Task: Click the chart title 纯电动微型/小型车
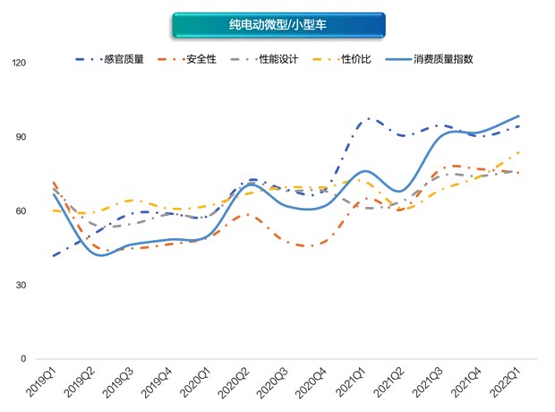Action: pyautogui.click(x=277, y=25)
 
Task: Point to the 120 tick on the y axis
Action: pyautogui.click(x=18, y=64)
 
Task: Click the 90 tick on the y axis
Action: pyautogui.click(x=21, y=137)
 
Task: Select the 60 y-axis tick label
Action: pyautogui.click(x=21, y=211)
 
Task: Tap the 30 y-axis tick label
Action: pyautogui.click(x=21, y=285)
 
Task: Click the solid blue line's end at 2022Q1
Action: pyautogui.click(x=519, y=116)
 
